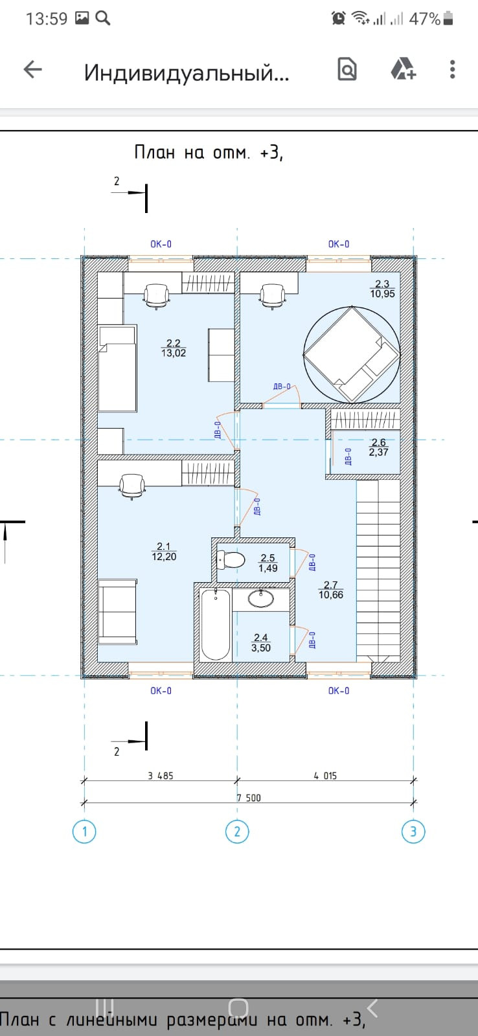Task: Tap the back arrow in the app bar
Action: tap(33, 70)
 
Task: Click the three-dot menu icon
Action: tap(453, 70)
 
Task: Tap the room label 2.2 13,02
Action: tap(174, 348)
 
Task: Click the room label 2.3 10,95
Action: tap(383, 289)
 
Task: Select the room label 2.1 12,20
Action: tap(165, 552)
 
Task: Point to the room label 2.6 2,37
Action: tap(378, 447)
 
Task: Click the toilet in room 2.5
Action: tap(231, 559)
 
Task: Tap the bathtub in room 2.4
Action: tap(216, 624)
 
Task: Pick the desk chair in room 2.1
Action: tap(132, 486)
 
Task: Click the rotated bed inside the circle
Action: tap(352, 354)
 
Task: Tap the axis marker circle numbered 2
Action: tap(237, 831)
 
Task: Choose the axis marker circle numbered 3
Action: tap(413, 831)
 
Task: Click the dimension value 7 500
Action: tap(249, 798)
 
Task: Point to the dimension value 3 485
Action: tap(161, 776)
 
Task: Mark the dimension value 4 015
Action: tap(325, 776)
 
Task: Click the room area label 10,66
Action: tap(331, 595)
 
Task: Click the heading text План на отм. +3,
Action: tap(208, 152)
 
